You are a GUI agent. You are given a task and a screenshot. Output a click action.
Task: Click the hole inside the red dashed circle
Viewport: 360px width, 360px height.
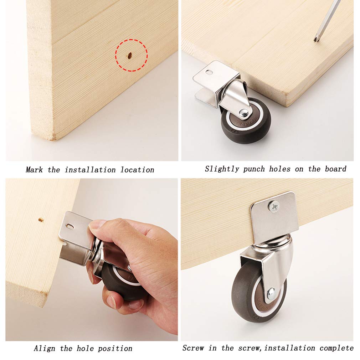(x=130, y=55)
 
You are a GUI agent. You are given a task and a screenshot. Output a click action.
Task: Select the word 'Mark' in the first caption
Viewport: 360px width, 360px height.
(x=34, y=170)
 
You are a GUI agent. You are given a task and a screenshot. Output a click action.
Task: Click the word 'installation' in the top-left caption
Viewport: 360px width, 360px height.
(x=90, y=170)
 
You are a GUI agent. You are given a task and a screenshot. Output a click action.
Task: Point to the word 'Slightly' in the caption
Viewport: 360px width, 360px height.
(x=222, y=169)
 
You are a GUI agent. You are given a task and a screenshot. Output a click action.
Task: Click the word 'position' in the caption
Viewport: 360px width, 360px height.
(x=115, y=349)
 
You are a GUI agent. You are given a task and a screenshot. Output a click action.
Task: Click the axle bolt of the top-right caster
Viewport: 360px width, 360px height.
(x=244, y=112)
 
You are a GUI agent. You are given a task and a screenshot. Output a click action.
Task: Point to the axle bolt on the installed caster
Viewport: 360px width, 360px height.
(x=271, y=292)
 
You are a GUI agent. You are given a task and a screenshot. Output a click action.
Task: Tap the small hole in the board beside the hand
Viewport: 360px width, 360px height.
(x=41, y=220)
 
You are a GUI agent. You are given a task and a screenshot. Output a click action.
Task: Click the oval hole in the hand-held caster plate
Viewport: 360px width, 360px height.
(x=69, y=226)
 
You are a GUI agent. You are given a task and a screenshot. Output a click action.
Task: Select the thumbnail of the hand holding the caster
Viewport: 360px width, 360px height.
(x=92, y=259)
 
